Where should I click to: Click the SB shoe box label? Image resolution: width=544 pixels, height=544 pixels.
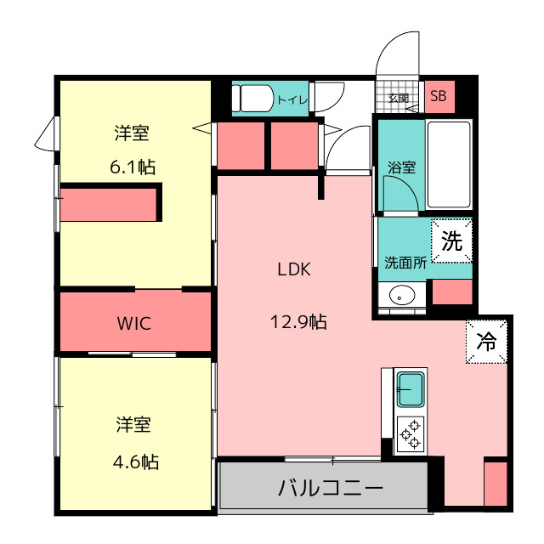[x=439, y=96]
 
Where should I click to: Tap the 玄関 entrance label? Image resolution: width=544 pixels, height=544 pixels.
[x=399, y=99]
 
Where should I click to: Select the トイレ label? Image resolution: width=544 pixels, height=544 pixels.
[x=292, y=100]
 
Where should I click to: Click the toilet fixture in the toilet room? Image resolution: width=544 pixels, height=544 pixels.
[x=253, y=99]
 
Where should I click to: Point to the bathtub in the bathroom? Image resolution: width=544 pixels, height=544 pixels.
[x=449, y=164]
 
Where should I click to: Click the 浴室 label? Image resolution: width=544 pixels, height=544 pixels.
[x=402, y=167]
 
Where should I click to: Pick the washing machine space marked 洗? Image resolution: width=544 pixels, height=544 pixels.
[x=451, y=241]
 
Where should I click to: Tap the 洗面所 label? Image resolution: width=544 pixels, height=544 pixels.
[x=405, y=263]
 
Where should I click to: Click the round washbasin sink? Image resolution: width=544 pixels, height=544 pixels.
[x=402, y=295]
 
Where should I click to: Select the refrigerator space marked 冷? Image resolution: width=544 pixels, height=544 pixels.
[x=486, y=342]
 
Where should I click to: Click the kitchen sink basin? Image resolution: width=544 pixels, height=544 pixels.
[x=411, y=389]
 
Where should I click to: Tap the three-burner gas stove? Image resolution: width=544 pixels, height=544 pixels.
[x=411, y=434]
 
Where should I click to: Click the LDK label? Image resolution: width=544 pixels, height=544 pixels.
[x=294, y=269]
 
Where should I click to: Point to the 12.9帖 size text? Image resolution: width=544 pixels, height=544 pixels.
[x=298, y=321]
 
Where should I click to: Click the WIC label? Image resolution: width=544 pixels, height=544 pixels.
[x=134, y=323]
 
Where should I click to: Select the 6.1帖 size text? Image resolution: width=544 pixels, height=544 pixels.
[x=133, y=167]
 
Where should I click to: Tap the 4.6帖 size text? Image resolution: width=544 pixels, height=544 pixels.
[x=136, y=462]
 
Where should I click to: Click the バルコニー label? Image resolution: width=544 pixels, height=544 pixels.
[x=331, y=488]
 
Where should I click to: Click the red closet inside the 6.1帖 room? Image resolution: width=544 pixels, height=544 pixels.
[x=108, y=205]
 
